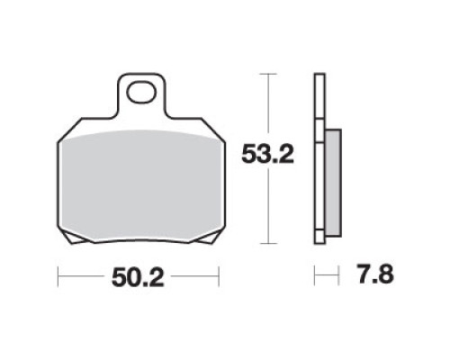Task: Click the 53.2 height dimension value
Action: click(x=267, y=154)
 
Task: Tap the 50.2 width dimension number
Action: click(x=138, y=278)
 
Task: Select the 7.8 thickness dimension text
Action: click(x=375, y=274)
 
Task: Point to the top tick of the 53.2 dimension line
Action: click(x=268, y=74)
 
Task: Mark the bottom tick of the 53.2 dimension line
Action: click(x=268, y=244)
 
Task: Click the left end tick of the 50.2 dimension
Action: click(x=58, y=276)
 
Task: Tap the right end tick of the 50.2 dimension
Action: click(x=219, y=276)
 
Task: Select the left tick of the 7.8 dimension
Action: click(x=315, y=275)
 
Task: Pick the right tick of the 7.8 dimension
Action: click(x=338, y=275)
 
